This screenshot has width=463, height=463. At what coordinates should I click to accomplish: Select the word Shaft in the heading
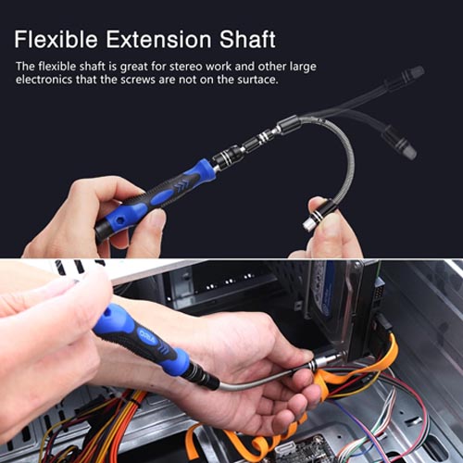pyautogui.click(x=245, y=40)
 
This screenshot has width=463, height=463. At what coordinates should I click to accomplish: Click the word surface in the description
pyautogui.click(x=253, y=80)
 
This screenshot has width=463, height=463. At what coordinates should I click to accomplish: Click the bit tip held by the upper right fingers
pyautogui.click(x=308, y=223)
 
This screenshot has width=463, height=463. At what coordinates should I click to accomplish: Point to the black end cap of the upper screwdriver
pyautogui.click(x=104, y=231)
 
